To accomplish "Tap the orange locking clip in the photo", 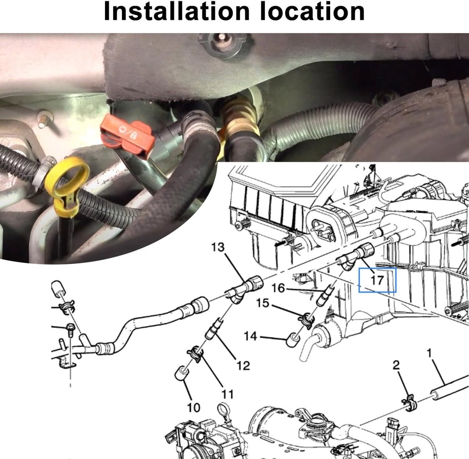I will pos(128,137).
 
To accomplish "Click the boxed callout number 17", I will pos(377,280).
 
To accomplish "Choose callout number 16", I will pos(278,288).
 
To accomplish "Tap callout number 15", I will pos(263,303).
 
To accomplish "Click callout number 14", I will pos(250,336).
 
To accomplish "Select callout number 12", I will pos(243,365).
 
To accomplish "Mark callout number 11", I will pos(227,393).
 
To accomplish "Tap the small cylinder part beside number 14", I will pos(293,339).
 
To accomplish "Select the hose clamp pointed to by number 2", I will pos(409,403).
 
